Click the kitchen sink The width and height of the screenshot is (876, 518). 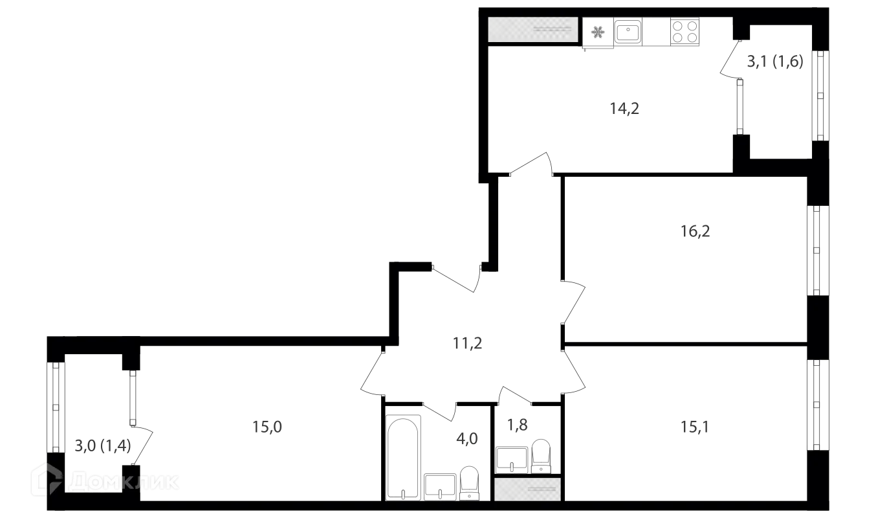pyautogui.click(x=628, y=31)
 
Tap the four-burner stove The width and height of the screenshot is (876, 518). pyautogui.click(x=684, y=32)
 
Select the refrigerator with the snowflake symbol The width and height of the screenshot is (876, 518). pyautogui.click(x=598, y=32)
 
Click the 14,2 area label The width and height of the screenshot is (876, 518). pyautogui.click(x=624, y=108)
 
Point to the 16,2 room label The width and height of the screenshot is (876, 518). pyautogui.click(x=695, y=231)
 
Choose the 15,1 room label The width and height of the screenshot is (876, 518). pyautogui.click(x=695, y=427)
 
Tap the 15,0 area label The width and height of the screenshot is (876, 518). pyautogui.click(x=267, y=427)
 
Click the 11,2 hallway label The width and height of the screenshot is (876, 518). pyautogui.click(x=467, y=343)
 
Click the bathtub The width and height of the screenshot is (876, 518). pyautogui.click(x=403, y=458)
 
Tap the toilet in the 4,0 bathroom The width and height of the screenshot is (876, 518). pyautogui.click(x=469, y=483)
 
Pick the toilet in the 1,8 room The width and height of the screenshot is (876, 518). pyautogui.click(x=541, y=456)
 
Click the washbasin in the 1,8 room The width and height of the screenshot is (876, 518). pyautogui.click(x=512, y=460)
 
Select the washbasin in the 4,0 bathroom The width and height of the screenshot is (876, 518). pyautogui.click(x=440, y=487)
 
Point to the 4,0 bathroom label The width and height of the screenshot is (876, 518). pyautogui.click(x=467, y=439)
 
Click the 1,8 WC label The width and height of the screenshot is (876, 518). pyautogui.click(x=517, y=425)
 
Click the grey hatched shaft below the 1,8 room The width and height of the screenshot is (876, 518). pyautogui.click(x=527, y=489)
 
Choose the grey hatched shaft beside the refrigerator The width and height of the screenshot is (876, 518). pyautogui.click(x=533, y=29)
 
